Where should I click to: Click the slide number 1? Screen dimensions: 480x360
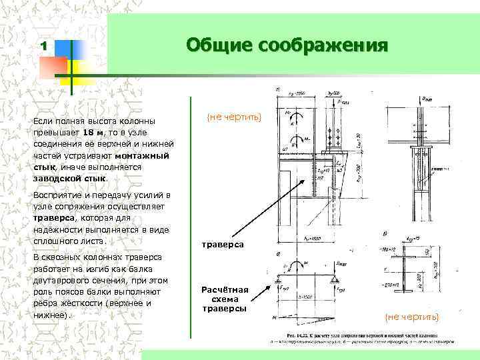43,46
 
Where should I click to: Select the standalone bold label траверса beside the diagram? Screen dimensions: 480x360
223,245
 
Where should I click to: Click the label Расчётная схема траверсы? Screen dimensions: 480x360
225,299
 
